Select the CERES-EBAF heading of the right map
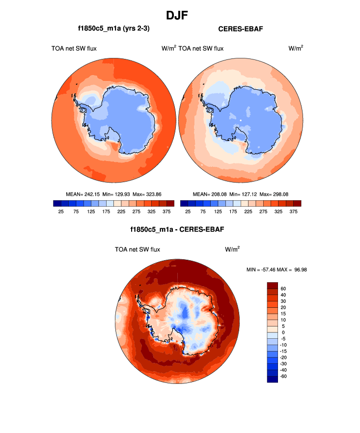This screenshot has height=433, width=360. point(240,29)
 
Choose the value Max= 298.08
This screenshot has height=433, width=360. point(274,194)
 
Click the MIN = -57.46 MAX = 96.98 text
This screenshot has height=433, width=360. point(277,270)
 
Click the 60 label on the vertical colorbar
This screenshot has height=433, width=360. point(289,288)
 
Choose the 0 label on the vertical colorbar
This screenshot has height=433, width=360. point(289,332)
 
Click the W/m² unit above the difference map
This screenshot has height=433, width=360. point(232,249)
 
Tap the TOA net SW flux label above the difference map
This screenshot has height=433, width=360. point(137,249)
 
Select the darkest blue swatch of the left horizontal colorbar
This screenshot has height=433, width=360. point(57,203)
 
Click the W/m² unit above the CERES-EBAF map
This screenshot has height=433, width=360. point(295,48)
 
